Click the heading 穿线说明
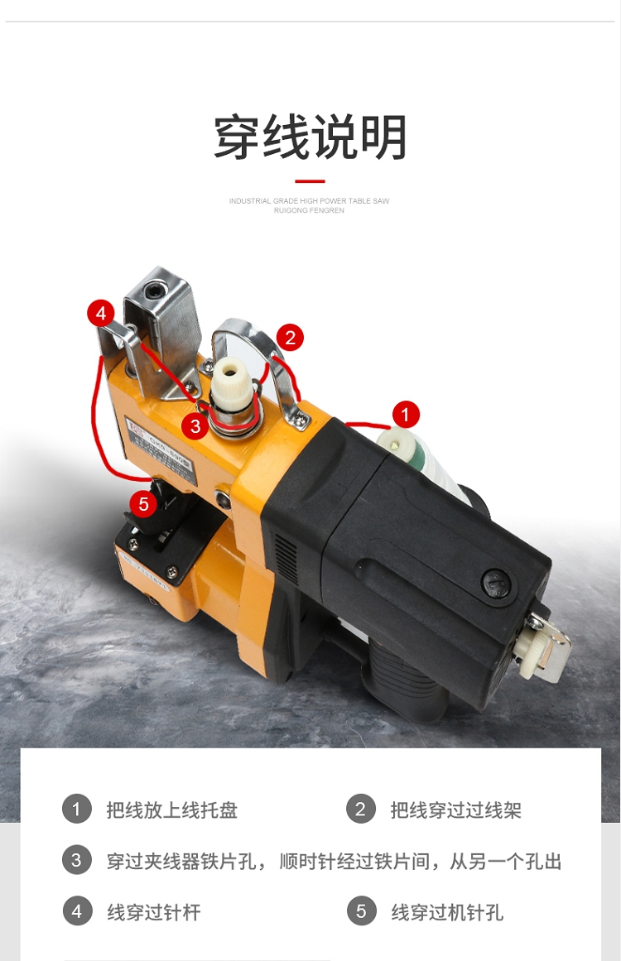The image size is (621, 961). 310,137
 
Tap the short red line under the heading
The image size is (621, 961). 310,181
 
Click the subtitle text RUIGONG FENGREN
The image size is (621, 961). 309,210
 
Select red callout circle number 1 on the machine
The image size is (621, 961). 405,416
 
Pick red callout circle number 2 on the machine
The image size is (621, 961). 290,337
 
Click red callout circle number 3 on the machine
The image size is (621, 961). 195,425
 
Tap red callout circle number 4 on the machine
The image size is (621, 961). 101,314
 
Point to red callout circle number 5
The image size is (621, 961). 143,504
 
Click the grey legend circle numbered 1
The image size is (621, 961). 77,809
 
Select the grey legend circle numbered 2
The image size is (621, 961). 360,809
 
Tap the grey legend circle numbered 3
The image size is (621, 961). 77,860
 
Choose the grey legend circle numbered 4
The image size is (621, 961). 77,911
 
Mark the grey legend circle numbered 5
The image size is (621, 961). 361,911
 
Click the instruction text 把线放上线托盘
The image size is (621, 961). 171,810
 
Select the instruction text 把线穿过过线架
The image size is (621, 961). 456,810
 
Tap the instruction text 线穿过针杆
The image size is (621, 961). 154,913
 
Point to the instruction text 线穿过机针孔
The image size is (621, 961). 447,913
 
